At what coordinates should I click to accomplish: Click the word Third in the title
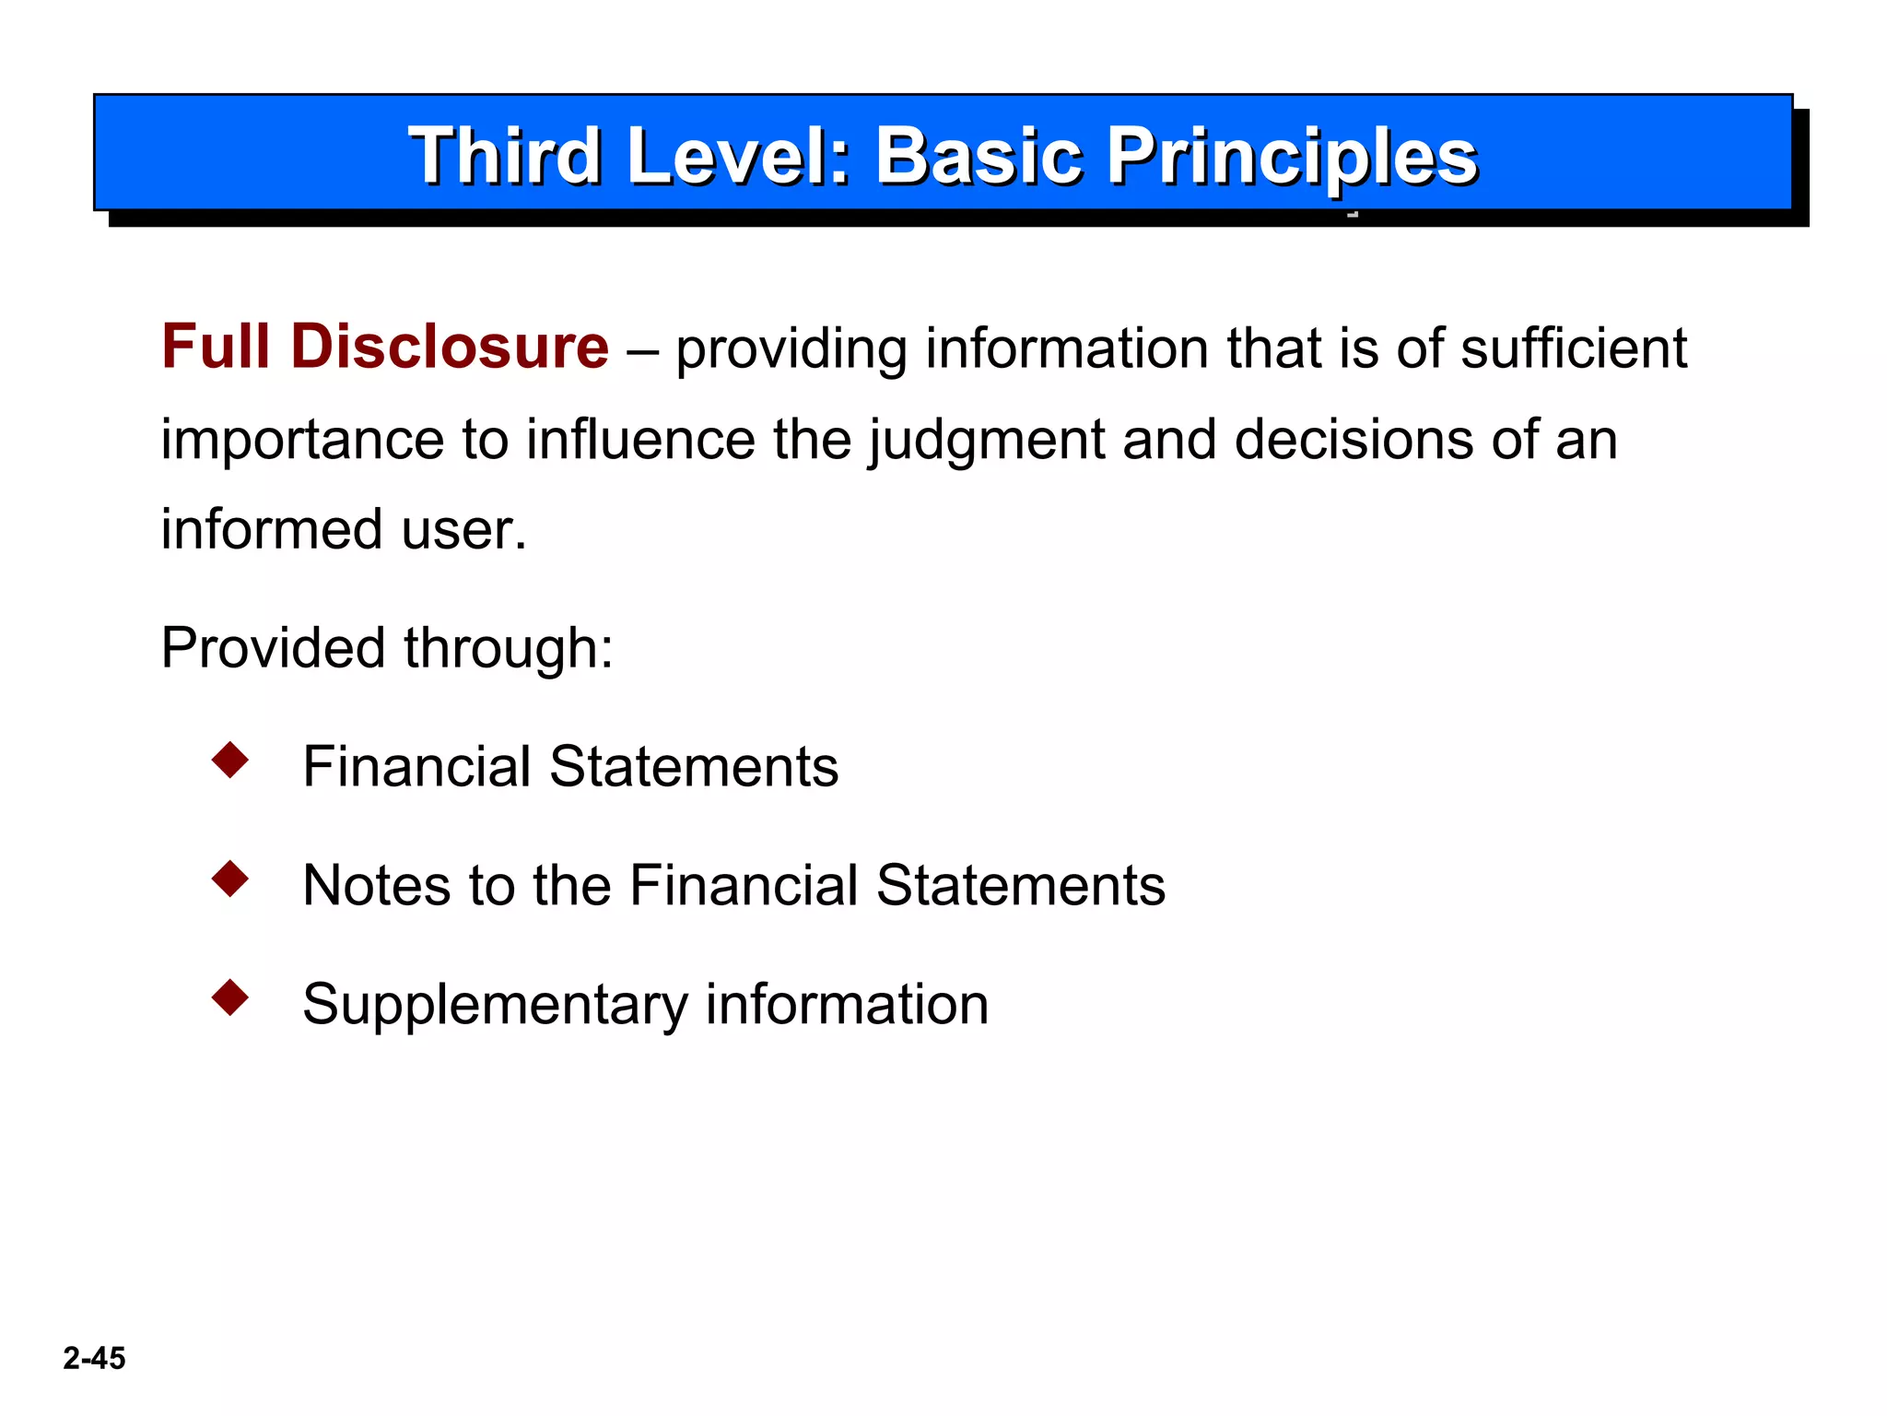click(x=505, y=156)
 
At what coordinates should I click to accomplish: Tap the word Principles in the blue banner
click(x=1292, y=156)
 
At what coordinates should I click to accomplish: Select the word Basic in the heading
click(x=979, y=156)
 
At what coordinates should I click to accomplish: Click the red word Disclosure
click(x=450, y=347)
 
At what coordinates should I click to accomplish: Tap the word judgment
click(x=986, y=440)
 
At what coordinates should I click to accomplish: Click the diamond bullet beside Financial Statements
click(x=230, y=761)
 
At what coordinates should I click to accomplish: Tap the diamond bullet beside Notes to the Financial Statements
click(x=230, y=879)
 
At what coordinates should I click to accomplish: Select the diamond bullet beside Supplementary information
click(x=230, y=997)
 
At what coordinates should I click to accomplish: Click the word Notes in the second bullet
click(x=376, y=885)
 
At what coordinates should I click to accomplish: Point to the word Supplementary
click(x=495, y=1005)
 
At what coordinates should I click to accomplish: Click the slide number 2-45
click(x=94, y=1358)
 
